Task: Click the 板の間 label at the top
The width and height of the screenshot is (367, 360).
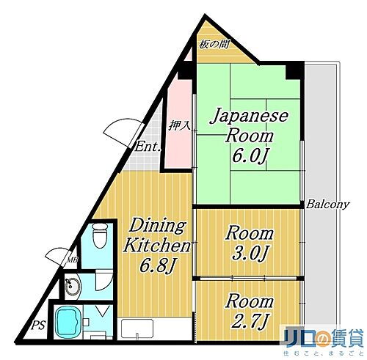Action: (214, 44)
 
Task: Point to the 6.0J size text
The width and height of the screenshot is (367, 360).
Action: (248, 156)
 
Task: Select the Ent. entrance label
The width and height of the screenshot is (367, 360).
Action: (148, 147)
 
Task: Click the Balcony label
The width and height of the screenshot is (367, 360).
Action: (327, 205)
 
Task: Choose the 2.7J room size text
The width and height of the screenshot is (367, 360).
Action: (248, 321)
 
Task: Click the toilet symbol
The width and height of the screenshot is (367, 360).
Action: (100, 237)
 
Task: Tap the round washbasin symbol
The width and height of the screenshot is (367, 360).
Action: (71, 287)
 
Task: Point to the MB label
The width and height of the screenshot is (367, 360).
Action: (73, 259)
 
